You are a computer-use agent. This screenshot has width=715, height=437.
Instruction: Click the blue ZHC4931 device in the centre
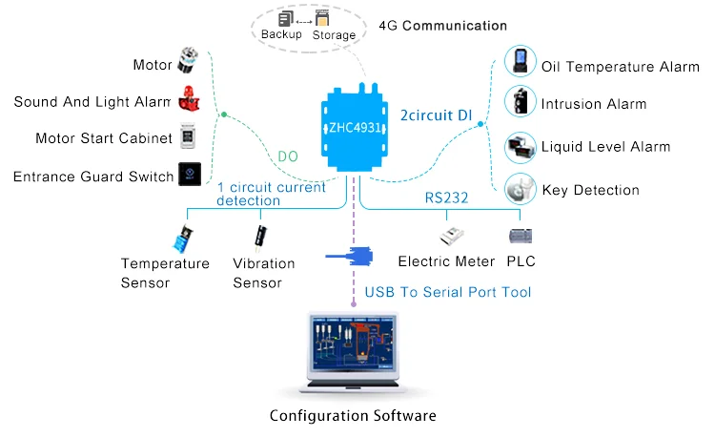[354, 129]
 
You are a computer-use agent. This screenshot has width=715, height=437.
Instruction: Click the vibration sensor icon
[258, 233]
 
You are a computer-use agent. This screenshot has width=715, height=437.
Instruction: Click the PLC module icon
[521, 235]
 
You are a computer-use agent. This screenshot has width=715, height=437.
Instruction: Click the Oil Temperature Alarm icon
[519, 65]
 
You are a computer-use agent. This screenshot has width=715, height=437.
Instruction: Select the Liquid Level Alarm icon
[519, 145]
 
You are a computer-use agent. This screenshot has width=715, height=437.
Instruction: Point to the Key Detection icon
[519, 187]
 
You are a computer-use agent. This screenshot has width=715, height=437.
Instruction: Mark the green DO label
[289, 157]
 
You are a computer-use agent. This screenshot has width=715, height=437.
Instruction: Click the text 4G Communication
[442, 26]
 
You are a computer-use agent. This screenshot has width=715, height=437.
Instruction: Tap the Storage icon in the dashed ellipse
[323, 18]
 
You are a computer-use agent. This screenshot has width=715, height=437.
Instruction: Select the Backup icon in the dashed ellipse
[284, 18]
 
